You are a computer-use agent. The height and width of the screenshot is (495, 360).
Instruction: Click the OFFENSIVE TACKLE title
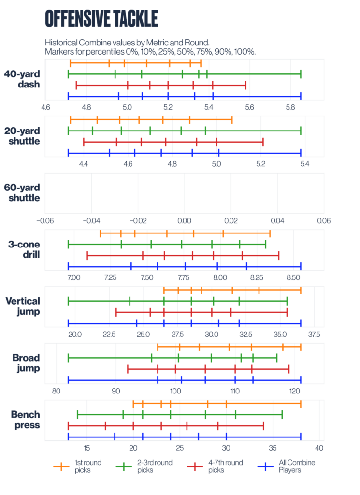(x=101, y=18)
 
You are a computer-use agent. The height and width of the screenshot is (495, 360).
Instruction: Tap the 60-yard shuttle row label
(x=22, y=192)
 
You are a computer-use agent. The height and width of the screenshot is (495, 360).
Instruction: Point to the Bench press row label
(x=23, y=420)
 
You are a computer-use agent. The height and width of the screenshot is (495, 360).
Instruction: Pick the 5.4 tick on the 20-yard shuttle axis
(x=304, y=164)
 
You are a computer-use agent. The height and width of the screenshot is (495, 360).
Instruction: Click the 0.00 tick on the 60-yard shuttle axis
(x=184, y=220)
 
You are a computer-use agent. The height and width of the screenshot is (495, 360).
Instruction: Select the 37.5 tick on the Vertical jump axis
(x=314, y=334)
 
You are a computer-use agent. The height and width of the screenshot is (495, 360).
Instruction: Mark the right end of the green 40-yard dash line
(x=301, y=74)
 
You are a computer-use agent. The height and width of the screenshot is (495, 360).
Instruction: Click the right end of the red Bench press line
(x=263, y=426)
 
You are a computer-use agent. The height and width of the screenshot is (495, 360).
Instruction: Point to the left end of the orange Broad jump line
(x=158, y=347)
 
